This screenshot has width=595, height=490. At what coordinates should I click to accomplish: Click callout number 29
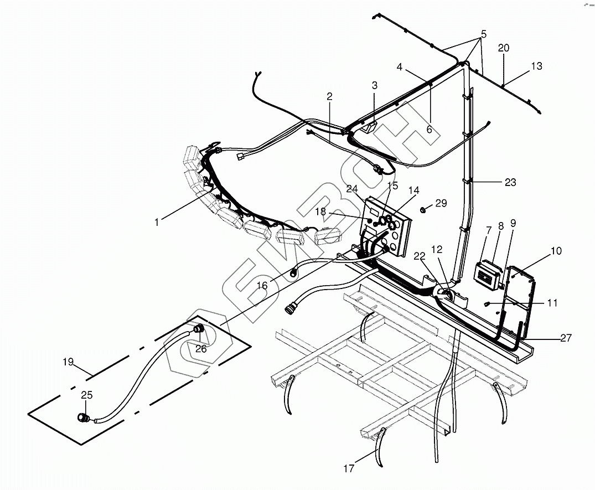[441, 203]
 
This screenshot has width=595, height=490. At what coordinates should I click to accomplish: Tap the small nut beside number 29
[423, 209]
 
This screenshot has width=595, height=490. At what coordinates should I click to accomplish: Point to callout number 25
[86, 395]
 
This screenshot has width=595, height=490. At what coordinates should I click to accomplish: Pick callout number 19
[68, 363]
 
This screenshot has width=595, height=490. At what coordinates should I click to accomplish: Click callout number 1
[157, 222]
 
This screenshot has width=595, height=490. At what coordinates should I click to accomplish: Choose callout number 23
[510, 182]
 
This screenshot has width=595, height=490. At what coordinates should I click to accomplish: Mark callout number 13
[536, 66]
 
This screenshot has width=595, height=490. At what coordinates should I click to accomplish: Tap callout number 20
[503, 48]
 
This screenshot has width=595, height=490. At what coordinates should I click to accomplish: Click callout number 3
[375, 85]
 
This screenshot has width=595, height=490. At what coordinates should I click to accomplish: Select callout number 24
[353, 188]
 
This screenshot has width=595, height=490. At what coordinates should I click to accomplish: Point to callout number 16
[262, 285]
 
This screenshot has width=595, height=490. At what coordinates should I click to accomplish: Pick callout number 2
[329, 96]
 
